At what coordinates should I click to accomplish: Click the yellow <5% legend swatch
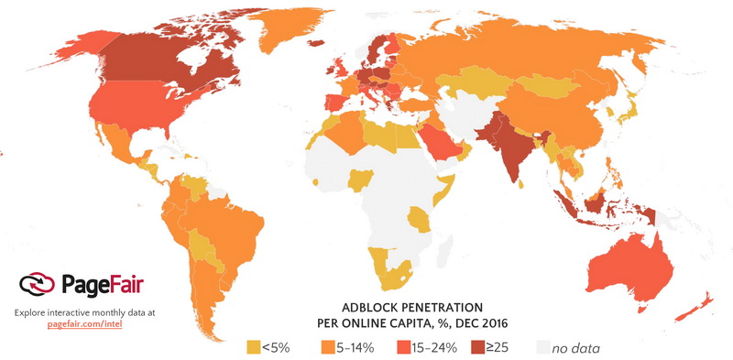254,347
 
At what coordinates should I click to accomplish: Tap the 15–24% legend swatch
404,347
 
